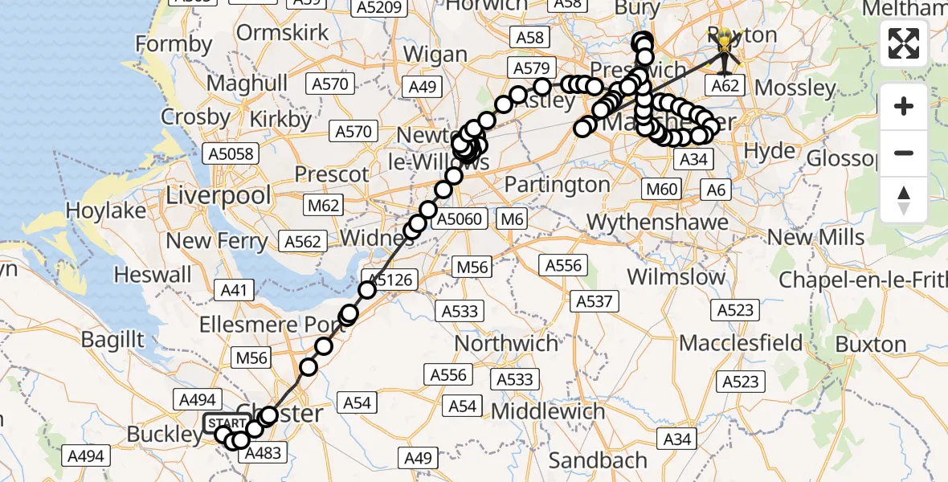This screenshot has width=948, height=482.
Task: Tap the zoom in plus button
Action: pyautogui.click(x=904, y=106)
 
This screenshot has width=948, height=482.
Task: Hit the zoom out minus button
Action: pyautogui.click(x=904, y=153)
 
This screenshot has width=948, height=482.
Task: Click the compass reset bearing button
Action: pyautogui.click(x=904, y=199)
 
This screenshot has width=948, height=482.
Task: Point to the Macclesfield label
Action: pyautogui.click(x=741, y=344)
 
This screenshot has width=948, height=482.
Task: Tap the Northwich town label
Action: pyautogui.click(x=506, y=344)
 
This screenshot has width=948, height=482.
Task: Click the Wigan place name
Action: pyautogui.click(x=435, y=55)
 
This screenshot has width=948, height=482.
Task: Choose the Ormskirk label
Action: pyautogui.click(x=284, y=33)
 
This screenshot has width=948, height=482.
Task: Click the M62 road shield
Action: pyautogui.click(x=324, y=206)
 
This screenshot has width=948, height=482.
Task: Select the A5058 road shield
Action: pyautogui.click(x=231, y=153)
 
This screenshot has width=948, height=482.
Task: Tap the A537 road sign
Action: pyautogui.click(x=595, y=301)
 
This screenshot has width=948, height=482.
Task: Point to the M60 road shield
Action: pyautogui.click(x=663, y=190)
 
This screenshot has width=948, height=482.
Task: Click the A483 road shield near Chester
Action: pyautogui.click(x=262, y=454)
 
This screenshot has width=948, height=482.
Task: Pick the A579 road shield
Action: pyautogui.click(x=530, y=69)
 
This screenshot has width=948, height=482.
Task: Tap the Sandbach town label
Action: pyautogui.click(x=599, y=461)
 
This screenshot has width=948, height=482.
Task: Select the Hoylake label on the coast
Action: pyautogui.click(x=106, y=211)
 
